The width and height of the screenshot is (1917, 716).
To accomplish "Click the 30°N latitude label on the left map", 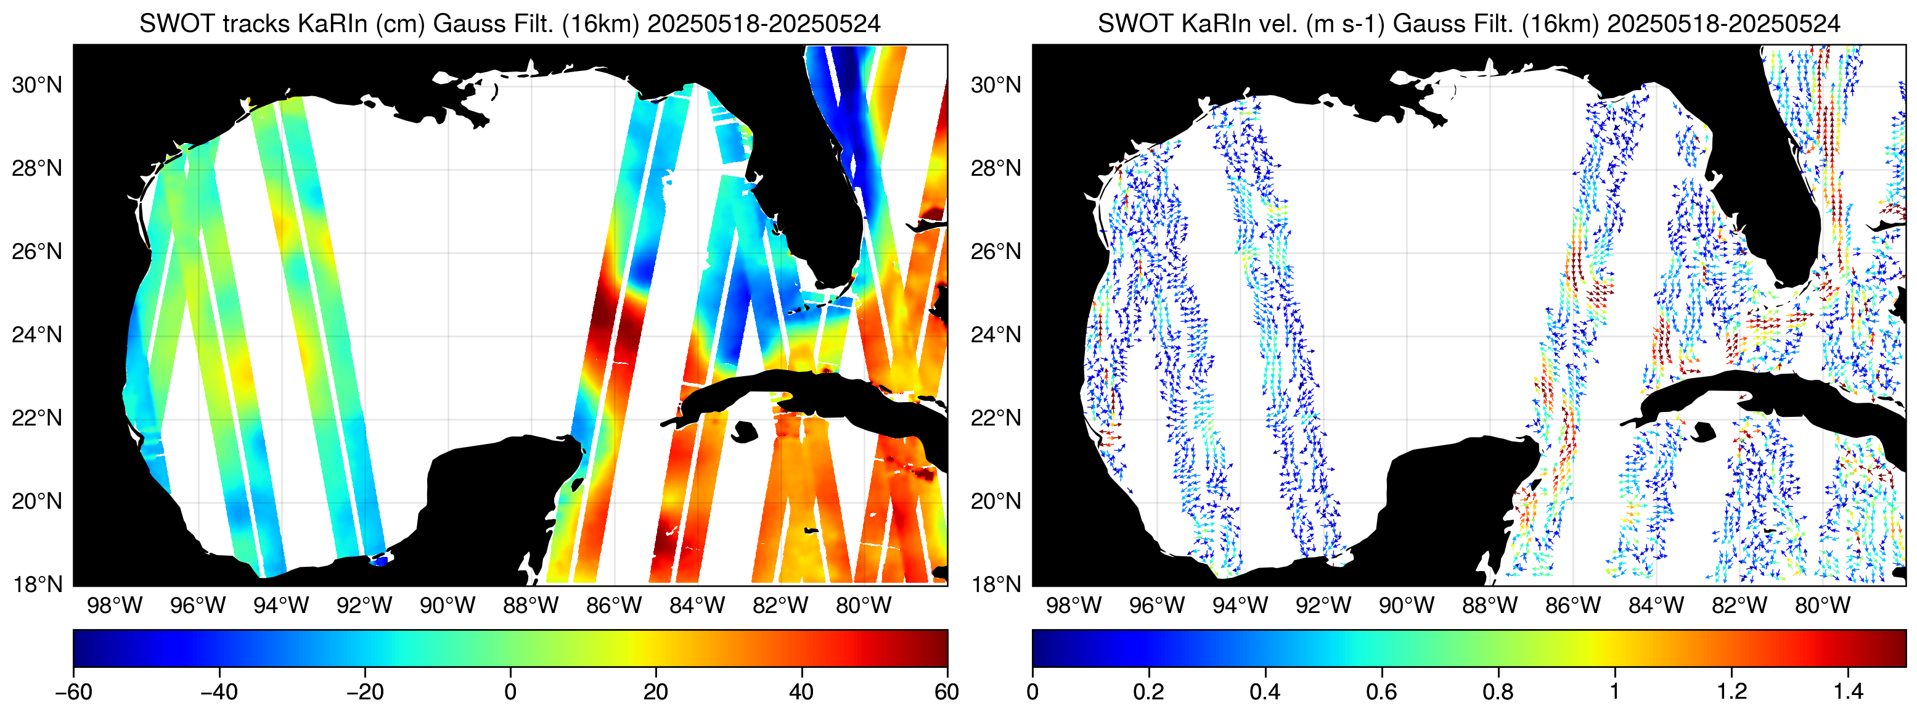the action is point(37,86).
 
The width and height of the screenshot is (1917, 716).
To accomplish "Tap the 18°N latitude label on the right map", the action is point(995,584).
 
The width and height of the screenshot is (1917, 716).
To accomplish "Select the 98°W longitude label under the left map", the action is point(115,606).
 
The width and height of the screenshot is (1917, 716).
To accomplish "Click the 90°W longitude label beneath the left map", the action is point(448,606).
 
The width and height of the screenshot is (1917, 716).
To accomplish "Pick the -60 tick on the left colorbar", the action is point(74,692).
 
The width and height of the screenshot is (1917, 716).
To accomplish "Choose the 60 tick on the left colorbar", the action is point(947,692).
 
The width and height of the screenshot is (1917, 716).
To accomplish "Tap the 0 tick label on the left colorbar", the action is point(510,692).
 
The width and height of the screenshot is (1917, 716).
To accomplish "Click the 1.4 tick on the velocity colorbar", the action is point(1848,692).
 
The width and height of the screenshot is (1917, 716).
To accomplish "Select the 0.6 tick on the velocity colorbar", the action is point(1381,692).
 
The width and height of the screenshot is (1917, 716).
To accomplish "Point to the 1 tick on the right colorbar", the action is point(1615,692).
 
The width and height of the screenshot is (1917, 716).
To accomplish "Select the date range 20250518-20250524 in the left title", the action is point(764,24).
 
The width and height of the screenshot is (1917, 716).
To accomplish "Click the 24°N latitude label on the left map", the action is point(37,335).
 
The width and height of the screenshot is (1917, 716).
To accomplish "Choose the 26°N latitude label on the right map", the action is point(995,252).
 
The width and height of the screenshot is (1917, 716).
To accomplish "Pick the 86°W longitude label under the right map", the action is point(1572,606).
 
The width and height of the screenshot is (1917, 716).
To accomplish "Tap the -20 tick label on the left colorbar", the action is point(365,692).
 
